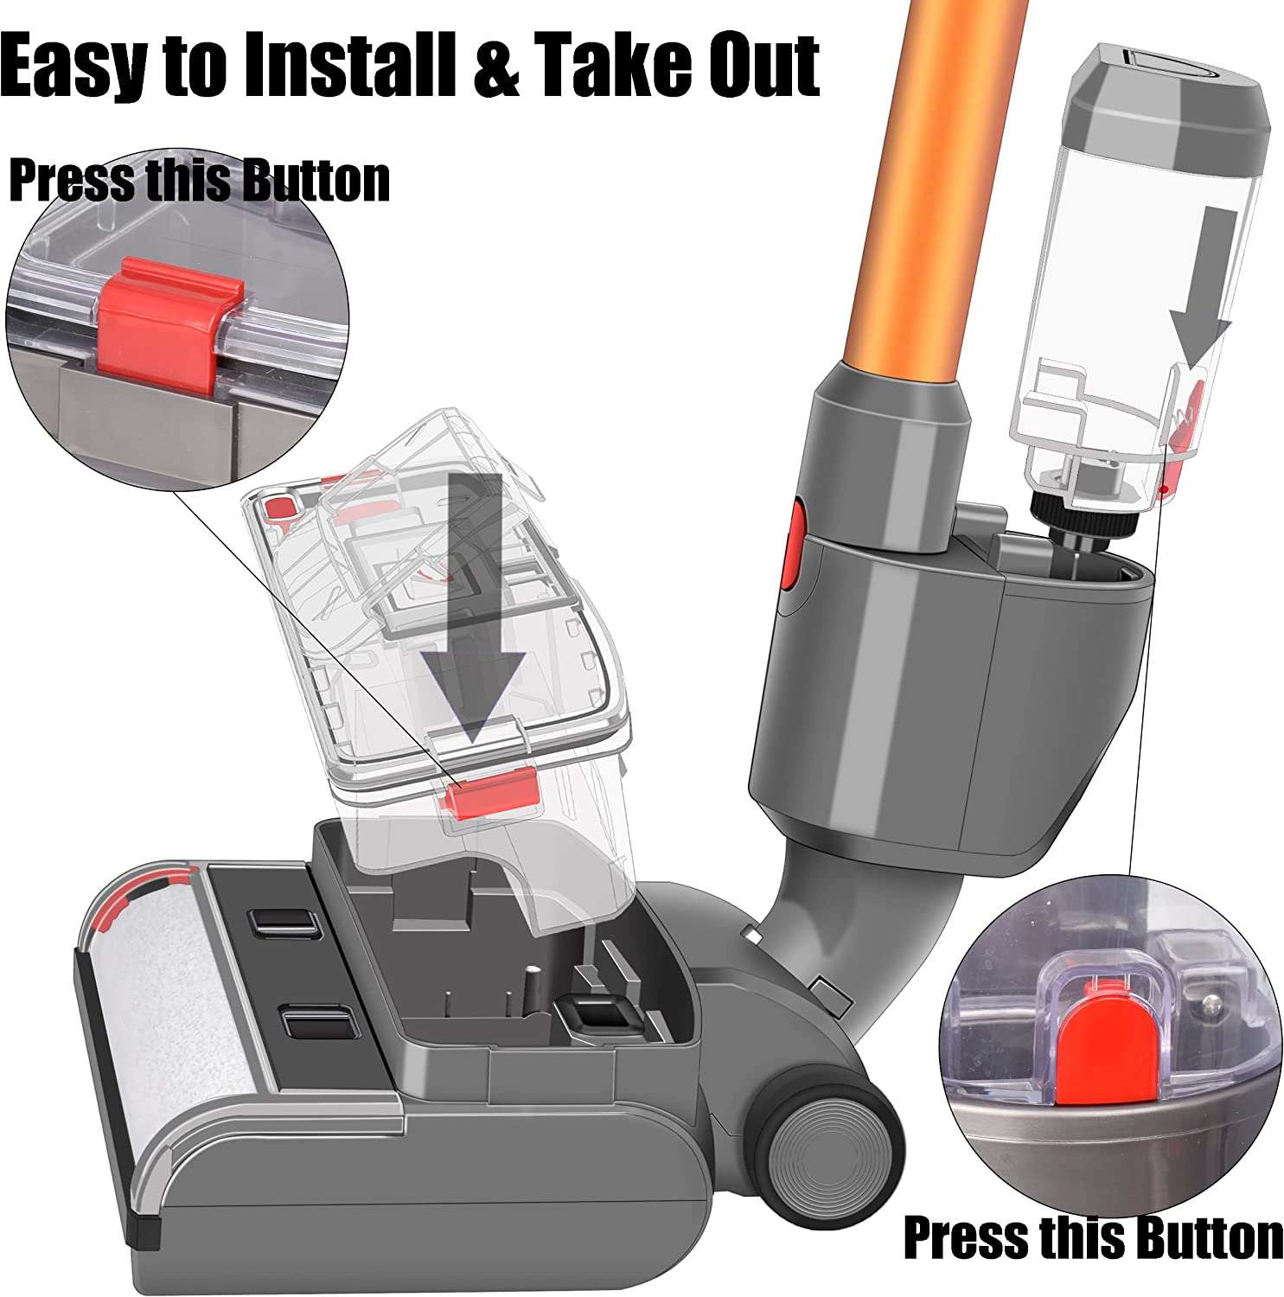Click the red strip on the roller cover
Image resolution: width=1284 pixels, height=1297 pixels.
pos(130,899)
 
